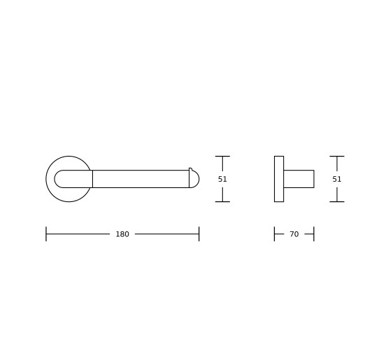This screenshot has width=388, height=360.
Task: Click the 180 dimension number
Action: pyautogui.click(x=122, y=234)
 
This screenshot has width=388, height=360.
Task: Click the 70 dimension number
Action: pyautogui.click(x=294, y=234)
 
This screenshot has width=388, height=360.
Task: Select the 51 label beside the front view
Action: pyautogui.click(x=222, y=179)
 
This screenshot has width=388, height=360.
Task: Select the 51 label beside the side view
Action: pyautogui.click(x=337, y=179)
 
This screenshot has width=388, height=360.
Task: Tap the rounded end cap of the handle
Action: pyautogui.click(x=194, y=179)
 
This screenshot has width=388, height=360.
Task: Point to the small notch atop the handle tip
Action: pyautogui.click(x=190, y=169)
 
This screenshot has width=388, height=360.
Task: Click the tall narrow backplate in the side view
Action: pyautogui.click(x=279, y=179)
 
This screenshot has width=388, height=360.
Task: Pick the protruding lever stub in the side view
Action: pyautogui.click(x=299, y=179)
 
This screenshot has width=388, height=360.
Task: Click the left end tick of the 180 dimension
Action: pyautogui.click(x=46, y=233)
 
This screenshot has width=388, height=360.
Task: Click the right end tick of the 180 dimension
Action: pyautogui.click(x=199, y=233)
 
